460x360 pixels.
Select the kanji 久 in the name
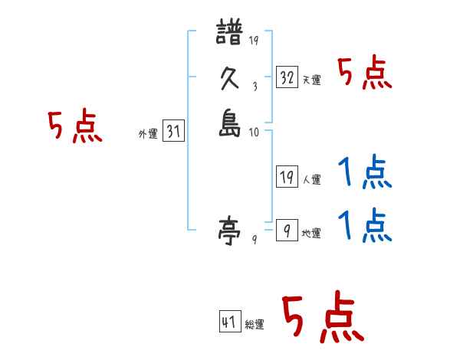coord(230,79)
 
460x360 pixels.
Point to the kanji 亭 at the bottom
coord(230,229)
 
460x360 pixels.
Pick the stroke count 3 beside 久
coord(254,86)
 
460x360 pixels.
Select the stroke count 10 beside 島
coord(253,133)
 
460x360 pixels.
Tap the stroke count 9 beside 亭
coord(254,239)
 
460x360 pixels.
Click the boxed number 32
coord(287,77)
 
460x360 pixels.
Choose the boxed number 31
coord(173,132)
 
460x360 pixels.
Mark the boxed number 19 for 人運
coord(287,178)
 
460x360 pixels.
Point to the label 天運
coord(311,80)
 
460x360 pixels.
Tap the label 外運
coord(148,134)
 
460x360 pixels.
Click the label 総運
coord(255,325)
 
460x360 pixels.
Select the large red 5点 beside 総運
coord(323,318)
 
